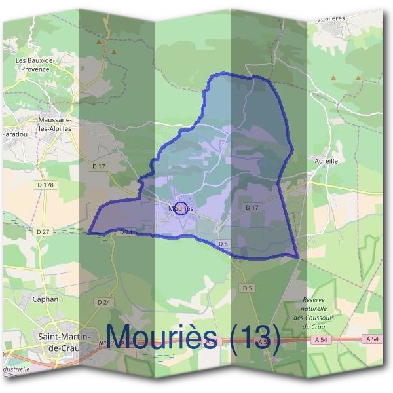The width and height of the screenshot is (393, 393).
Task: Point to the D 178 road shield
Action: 46,185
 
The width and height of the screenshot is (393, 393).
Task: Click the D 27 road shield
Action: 43,231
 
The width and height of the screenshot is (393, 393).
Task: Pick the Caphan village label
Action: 45,299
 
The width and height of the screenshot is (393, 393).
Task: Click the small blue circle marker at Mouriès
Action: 182,208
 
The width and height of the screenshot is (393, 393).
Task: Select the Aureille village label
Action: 326,160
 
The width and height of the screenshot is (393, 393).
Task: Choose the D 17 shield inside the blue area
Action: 252,207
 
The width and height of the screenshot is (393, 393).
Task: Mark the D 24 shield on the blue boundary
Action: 126,232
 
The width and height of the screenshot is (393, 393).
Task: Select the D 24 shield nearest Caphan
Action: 103,302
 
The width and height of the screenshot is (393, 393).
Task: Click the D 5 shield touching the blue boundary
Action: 223,244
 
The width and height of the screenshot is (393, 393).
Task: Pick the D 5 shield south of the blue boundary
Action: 247,288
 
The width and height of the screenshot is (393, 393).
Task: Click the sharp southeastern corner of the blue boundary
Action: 298,257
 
